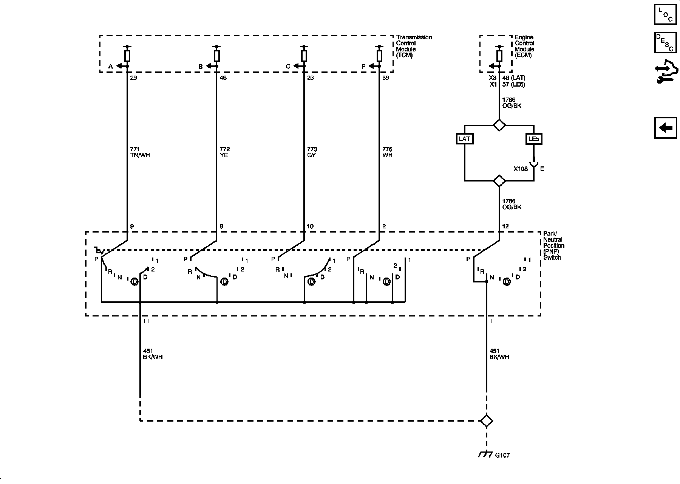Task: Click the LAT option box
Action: coord(464,139)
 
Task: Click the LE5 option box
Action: coord(533,139)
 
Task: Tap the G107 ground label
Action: coord(502,455)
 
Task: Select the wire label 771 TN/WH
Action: coord(140,152)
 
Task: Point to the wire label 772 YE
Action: coord(224,152)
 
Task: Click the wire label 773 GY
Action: coord(312,152)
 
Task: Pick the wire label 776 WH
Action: coord(387,152)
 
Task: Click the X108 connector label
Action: coord(521,169)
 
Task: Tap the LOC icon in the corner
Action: coord(665,14)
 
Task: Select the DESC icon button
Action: coord(665,43)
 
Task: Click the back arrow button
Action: coord(665,128)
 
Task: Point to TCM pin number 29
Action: coord(133,78)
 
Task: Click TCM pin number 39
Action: coord(386,78)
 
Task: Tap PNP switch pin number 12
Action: coord(505,226)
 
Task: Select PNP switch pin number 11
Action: coord(146,321)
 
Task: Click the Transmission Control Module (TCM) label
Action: coord(414,46)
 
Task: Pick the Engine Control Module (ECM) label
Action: coord(524,46)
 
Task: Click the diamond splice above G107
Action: coord(486,421)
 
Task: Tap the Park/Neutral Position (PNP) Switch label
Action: coord(554,245)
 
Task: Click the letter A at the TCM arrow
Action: coord(111,67)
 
